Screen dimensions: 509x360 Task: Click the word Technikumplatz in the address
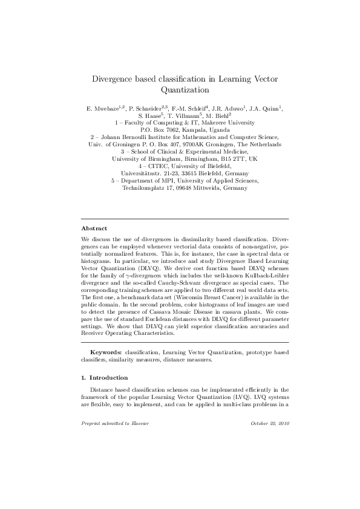coord(146,188)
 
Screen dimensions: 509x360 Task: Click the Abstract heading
coord(94,229)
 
